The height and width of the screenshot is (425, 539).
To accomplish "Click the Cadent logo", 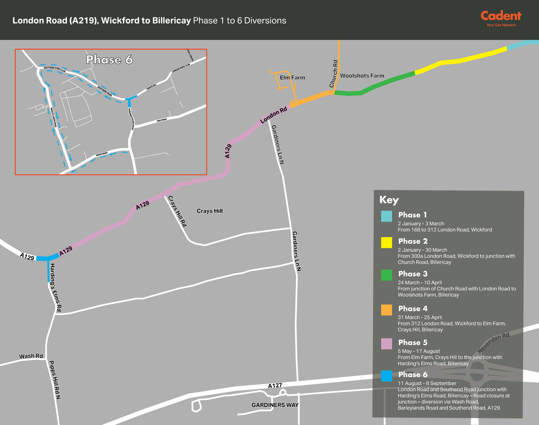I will pos(501,18).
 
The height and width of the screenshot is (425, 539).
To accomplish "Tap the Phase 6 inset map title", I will pos(109,60).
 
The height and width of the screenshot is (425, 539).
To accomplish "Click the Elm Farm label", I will pos(292,78).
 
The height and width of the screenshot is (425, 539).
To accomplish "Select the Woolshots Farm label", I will pos(362,76).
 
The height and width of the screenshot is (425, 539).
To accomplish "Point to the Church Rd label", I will pos(334,74).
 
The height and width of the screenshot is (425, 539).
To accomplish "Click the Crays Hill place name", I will pos(209,211).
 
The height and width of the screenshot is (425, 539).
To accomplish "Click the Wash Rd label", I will pos(31,356).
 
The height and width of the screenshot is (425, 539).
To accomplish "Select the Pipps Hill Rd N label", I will pos(55,380).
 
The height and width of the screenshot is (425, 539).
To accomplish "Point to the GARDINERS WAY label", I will pos(275,405).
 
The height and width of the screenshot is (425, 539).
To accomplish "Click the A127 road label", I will pos(275,386).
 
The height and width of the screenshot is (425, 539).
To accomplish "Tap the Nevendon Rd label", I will pos(493,343).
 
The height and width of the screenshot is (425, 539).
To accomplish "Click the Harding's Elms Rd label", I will pos(56,287).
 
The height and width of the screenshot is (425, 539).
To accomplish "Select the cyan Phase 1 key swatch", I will pos(386,216).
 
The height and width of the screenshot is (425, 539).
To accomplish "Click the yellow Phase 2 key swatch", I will pos(386,242).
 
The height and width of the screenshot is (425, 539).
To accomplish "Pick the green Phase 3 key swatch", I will pos(386,275).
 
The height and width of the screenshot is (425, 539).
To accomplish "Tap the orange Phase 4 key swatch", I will pos(386,310).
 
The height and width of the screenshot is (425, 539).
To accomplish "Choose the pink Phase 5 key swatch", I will pos(386,344).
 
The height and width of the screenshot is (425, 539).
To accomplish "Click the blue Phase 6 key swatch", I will pos(386,376).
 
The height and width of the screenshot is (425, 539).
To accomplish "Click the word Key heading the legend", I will pos(389,200).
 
